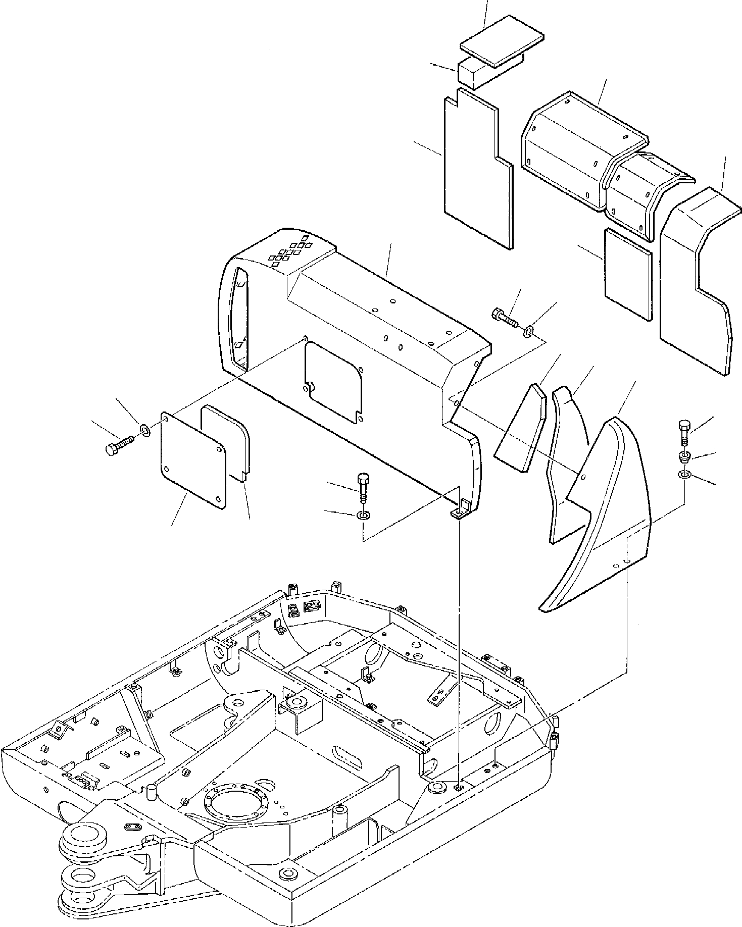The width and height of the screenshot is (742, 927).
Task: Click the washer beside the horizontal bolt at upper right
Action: tap(528, 331)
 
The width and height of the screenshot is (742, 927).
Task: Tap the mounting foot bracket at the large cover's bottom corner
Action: tap(459, 512)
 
